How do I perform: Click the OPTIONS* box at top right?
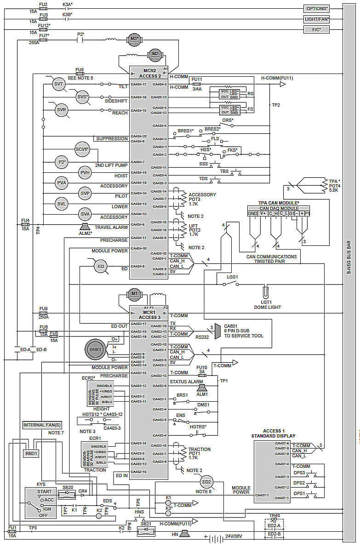(x=317, y=9)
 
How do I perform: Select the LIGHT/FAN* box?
(x=317, y=19)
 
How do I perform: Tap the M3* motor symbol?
(x=134, y=39)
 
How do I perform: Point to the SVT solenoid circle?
(x=58, y=85)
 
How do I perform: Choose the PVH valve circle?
(x=85, y=172)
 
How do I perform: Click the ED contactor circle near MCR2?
(x=101, y=266)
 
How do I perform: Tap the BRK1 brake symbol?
(x=95, y=350)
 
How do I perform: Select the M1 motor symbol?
(x=134, y=293)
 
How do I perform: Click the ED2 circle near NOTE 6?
(x=206, y=482)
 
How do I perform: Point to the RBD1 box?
(x=32, y=453)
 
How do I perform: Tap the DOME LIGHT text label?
(x=267, y=307)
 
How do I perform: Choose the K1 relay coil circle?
(x=168, y=498)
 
